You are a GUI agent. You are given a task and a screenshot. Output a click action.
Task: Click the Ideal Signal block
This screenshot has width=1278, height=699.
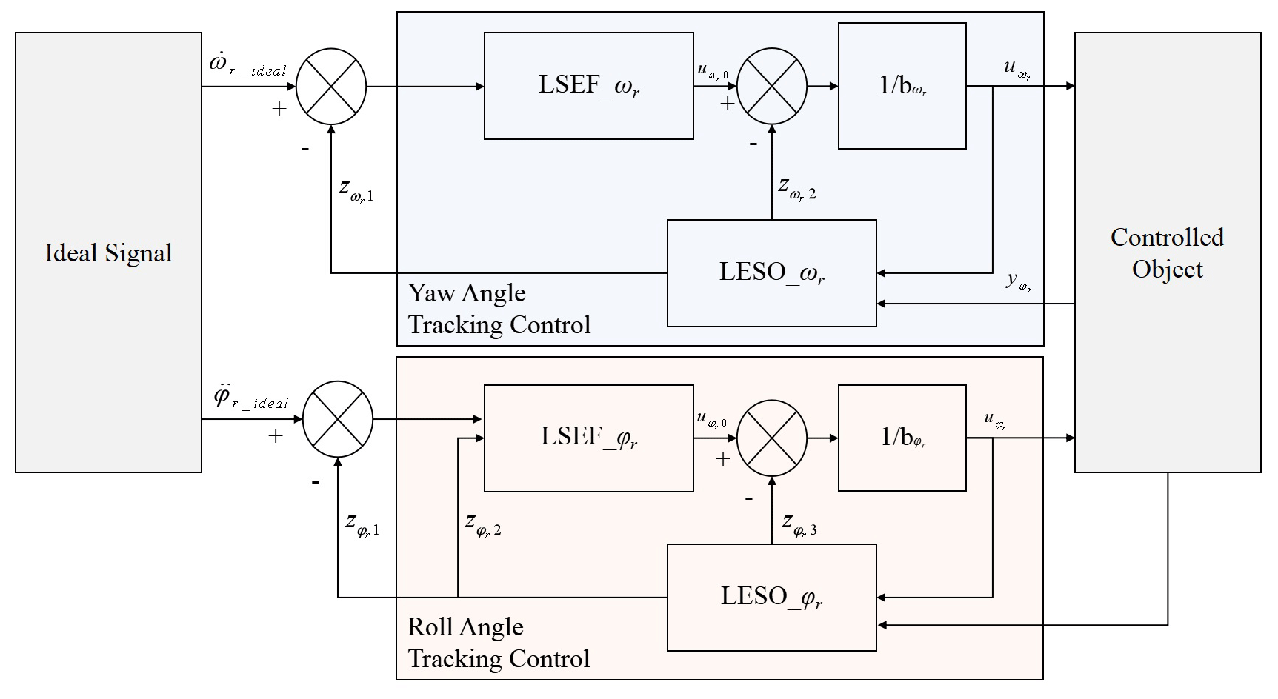click(x=108, y=252)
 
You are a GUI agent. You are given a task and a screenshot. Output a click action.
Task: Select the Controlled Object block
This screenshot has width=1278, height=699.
click(x=1167, y=252)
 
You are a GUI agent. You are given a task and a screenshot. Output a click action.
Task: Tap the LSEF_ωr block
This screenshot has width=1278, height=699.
click(x=588, y=86)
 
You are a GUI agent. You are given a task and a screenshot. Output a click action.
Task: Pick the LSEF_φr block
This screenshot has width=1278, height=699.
click(x=588, y=438)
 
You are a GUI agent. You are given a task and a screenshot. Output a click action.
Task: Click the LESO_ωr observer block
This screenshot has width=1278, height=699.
click(x=771, y=273)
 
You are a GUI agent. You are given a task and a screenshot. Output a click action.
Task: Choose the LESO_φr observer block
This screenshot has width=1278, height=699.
click(x=771, y=598)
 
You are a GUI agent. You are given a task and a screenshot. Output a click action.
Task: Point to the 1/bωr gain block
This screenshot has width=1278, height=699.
click(x=902, y=86)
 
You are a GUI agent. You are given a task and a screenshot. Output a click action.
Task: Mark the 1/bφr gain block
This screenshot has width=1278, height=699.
click(x=902, y=438)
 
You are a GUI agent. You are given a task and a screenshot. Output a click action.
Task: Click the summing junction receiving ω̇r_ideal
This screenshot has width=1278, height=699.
click(x=331, y=87)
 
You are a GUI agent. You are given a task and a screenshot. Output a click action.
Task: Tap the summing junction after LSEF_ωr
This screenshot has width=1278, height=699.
click(x=772, y=87)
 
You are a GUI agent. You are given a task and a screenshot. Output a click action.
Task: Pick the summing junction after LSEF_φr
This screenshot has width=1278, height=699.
click(x=772, y=438)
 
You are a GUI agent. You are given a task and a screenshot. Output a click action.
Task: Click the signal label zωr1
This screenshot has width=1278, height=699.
click(x=356, y=190)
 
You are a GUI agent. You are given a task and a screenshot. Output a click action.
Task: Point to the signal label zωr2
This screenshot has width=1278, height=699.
click(x=797, y=187)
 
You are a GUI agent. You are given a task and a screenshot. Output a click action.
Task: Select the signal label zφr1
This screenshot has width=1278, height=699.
click(x=362, y=524)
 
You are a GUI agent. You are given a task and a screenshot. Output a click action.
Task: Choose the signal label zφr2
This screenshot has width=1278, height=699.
click(x=483, y=524)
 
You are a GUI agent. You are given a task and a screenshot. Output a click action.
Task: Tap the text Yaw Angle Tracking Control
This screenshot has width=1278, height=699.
click(x=499, y=309)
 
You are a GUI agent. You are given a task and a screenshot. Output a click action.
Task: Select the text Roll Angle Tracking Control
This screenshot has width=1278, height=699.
click(x=499, y=643)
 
